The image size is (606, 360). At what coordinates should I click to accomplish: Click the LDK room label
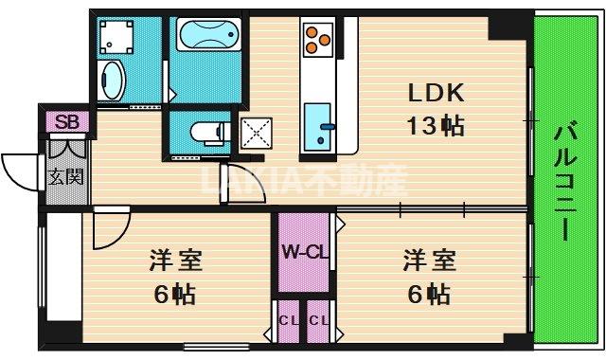pyautogui.click(x=436, y=94)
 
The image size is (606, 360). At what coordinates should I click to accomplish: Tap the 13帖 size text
pyautogui.click(x=436, y=124)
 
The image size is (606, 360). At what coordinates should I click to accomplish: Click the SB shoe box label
pyautogui.click(x=66, y=121)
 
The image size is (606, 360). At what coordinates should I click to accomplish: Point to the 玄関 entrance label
pyautogui.click(x=66, y=176)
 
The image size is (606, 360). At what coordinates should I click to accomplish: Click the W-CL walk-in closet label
pyautogui.click(x=303, y=253)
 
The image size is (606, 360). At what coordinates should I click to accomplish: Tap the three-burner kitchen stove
pyautogui.click(x=316, y=41)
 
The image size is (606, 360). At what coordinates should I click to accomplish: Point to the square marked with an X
pyautogui.click(x=255, y=134)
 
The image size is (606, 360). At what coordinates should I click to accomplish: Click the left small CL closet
pyautogui.click(x=287, y=322)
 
